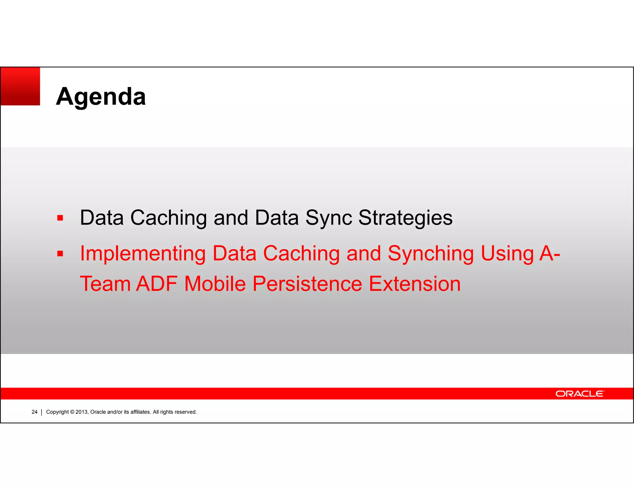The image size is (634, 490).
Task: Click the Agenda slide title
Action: coord(101,97)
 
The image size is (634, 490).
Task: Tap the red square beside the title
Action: coord(20,86)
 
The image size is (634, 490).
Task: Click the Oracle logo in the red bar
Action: coord(580,394)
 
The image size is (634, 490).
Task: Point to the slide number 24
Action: coord(34,412)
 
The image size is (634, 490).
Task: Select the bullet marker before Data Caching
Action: coord(60,218)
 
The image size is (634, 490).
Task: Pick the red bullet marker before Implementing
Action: coord(60,254)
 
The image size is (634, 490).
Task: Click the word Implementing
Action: coord(143,254)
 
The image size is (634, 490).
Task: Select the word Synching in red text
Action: coord(430,254)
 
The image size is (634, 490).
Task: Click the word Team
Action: coord(105,284)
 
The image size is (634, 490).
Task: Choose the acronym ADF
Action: coord(157,284)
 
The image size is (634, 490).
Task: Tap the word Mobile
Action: coord(215,284)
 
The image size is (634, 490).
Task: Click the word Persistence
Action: coord(307,284)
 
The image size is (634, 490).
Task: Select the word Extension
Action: coord(415,284)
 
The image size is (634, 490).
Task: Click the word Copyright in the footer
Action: coord(57,412)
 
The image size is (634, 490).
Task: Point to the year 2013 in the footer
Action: coord(82,412)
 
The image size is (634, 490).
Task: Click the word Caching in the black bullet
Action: coord(168,218)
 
